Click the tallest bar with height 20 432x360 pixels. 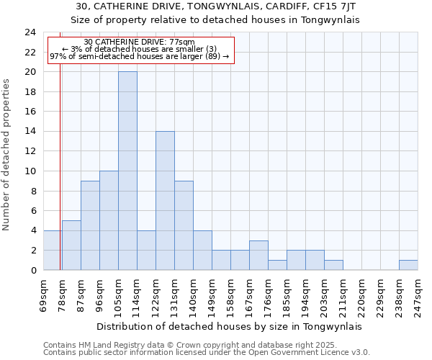coord(127,171)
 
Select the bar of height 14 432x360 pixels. coord(165,200)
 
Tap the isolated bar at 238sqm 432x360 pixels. coord(408,265)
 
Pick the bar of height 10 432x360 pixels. coord(109,220)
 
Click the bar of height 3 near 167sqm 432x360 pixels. coord(258,255)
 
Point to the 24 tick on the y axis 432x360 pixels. coord(30,32)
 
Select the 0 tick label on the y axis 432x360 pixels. coord(33,270)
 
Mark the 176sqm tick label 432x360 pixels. coord(269,294)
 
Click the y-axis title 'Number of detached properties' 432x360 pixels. coord(7,155)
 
